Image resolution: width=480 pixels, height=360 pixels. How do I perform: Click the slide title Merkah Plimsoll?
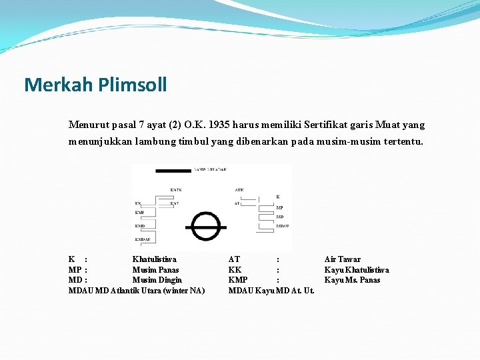click(95, 85)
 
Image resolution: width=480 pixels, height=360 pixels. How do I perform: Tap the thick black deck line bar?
click(173, 171)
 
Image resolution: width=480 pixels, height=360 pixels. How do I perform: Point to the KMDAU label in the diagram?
click(143, 239)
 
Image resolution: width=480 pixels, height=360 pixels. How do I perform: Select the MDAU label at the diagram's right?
click(283, 227)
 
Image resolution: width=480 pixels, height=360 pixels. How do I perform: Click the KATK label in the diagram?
click(175, 190)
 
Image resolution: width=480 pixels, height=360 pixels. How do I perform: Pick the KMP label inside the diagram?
click(139, 213)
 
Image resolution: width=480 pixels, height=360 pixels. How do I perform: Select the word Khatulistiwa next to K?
click(155, 259)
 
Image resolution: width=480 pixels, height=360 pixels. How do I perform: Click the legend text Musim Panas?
click(155, 270)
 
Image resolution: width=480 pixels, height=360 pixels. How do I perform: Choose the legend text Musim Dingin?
click(157, 280)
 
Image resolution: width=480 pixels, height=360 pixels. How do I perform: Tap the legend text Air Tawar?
click(342, 259)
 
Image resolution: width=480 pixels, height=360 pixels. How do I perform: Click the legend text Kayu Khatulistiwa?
click(357, 270)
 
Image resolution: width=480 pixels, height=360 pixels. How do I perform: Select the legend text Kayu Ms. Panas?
click(352, 280)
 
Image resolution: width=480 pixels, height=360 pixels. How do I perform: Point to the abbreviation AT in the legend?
click(234, 259)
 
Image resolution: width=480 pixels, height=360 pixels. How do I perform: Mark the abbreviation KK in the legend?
click(235, 270)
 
